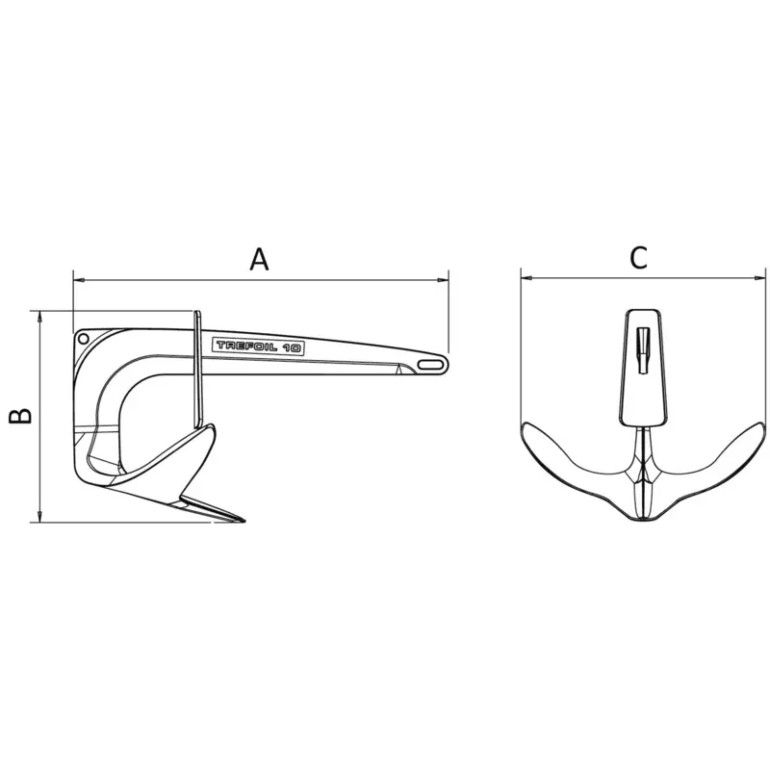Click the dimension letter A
pyautogui.click(x=259, y=259)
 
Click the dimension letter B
pyautogui.click(x=20, y=416)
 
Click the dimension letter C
pyautogui.click(x=638, y=258)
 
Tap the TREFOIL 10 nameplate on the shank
pyautogui.click(x=258, y=346)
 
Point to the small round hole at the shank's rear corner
pyautogui.click(x=84, y=339)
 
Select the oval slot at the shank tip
pyautogui.click(x=430, y=364)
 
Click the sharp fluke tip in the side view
pyautogui.click(x=244, y=521)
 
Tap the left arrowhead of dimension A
pyautogui.click(x=79, y=280)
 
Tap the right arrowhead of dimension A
pyautogui.click(x=443, y=280)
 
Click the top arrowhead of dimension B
pyautogui.click(x=39, y=317)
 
